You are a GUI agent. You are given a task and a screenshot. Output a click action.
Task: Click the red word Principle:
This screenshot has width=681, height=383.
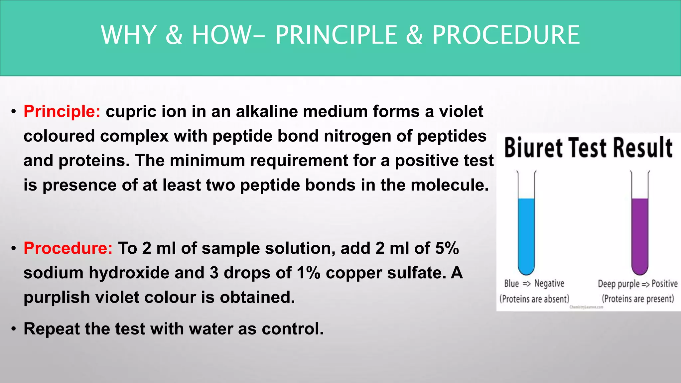[x=62, y=112]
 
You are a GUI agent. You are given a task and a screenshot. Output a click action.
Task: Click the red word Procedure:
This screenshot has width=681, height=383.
[x=68, y=248]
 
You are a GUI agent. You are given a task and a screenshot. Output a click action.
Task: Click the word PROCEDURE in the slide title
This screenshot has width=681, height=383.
[x=506, y=35]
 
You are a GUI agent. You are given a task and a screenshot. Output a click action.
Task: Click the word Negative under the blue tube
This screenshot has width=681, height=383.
[x=549, y=284]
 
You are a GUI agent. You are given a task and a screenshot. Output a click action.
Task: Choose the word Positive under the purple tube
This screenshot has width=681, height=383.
[x=664, y=284]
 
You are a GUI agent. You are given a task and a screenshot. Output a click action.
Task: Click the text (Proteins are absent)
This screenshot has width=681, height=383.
[x=534, y=299]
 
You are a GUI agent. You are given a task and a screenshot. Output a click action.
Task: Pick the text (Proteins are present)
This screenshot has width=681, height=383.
[x=638, y=299]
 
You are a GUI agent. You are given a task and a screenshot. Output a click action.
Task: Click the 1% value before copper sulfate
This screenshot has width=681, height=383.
[x=309, y=273]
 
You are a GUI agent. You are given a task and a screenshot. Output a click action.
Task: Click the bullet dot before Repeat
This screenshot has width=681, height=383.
[x=13, y=329]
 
